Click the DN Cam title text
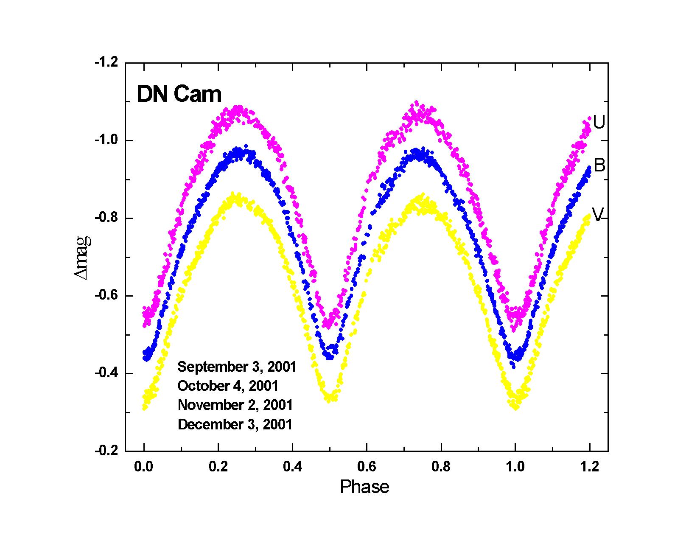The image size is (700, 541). pos(179,95)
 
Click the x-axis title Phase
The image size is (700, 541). pos(364,487)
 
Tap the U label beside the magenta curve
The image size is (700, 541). pos(599,123)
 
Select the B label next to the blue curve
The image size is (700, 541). pos(599,165)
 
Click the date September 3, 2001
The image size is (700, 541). pos(236,367)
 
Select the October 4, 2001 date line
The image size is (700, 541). pos(228,386)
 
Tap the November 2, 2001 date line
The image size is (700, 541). pos(235,405)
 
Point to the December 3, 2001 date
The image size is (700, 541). pos(235,424)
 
